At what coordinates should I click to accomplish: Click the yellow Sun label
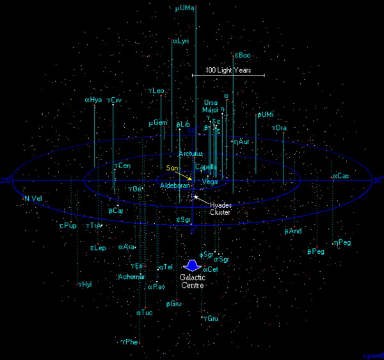(x=171, y=168)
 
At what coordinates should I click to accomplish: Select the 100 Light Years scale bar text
(x=228, y=70)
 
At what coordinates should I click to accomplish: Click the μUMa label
(x=185, y=9)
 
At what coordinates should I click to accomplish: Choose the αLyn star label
(x=180, y=41)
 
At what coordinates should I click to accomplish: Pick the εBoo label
(x=243, y=56)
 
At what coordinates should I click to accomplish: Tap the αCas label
(x=340, y=176)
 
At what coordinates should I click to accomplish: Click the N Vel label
(x=33, y=199)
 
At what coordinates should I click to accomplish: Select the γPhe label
(x=129, y=342)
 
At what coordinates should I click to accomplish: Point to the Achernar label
(x=132, y=277)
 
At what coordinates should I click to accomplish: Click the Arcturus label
(x=190, y=154)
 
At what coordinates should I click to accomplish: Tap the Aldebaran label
(x=175, y=185)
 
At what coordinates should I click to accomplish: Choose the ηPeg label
(x=342, y=242)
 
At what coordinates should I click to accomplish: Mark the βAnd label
(x=293, y=231)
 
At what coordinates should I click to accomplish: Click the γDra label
(x=279, y=128)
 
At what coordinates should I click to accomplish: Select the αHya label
(x=93, y=100)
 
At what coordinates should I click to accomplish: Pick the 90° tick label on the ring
(x=377, y=180)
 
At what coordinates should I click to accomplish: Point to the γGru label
(x=211, y=318)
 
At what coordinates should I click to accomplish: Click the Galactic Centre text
(x=192, y=281)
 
